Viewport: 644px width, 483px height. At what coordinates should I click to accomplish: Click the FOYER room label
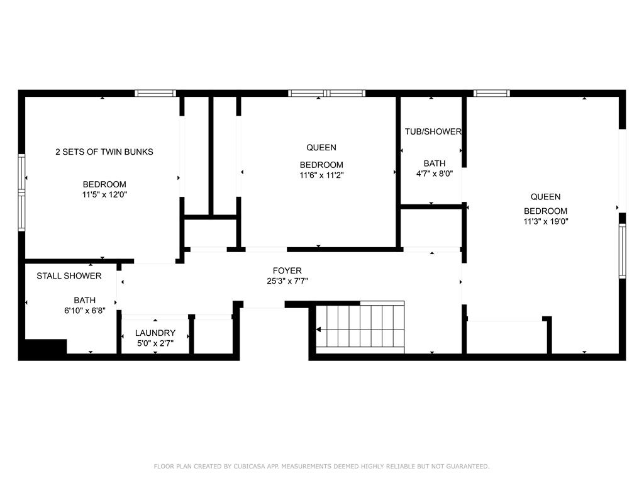click(x=287, y=270)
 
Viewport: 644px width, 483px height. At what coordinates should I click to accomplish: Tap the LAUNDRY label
click(x=155, y=333)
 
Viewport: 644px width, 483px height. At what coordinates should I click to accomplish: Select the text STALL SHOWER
click(x=69, y=276)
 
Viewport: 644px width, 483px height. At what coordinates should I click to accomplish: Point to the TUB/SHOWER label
click(x=433, y=132)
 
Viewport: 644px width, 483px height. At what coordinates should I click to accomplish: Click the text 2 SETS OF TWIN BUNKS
click(x=104, y=152)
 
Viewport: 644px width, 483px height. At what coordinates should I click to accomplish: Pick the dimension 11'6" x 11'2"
click(x=321, y=175)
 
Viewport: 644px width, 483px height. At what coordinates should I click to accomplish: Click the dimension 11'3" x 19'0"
click(x=546, y=222)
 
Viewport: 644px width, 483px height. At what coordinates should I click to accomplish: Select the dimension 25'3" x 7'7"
click(x=287, y=281)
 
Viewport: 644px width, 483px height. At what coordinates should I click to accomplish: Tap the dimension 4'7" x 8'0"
click(x=435, y=174)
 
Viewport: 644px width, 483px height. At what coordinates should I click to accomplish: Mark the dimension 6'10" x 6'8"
click(x=85, y=311)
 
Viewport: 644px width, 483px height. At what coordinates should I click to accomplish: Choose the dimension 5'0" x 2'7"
click(x=155, y=343)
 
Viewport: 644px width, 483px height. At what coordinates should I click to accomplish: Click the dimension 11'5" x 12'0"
click(x=105, y=195)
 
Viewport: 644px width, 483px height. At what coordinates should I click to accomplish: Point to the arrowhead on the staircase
click(x=318, y=330)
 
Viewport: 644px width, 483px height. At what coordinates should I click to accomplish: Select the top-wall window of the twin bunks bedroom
click(x=155, y=93)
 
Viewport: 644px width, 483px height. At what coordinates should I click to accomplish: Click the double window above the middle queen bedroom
click(x=326, y=93)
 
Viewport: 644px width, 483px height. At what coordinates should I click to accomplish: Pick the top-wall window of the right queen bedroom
click(x=492, y=93)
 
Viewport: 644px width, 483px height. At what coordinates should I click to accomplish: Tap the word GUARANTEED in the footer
click(x=468, y=466)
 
